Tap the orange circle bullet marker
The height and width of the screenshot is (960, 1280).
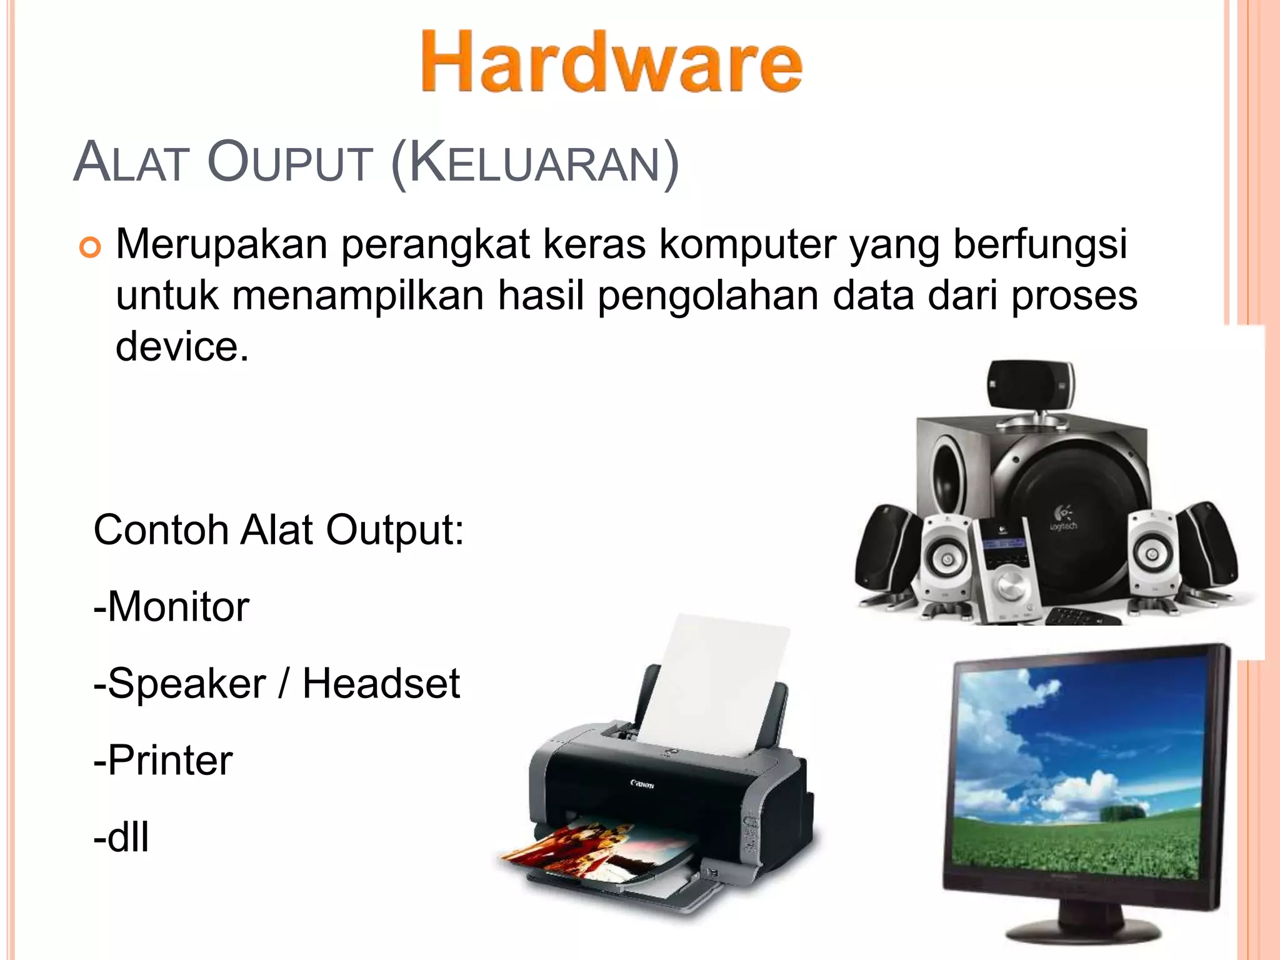90,248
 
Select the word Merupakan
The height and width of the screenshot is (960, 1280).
221,245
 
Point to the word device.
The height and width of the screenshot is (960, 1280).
181,347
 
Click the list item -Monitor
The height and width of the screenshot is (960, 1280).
171,607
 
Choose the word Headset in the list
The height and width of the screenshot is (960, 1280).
381,683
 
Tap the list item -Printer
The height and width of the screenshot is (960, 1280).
163,761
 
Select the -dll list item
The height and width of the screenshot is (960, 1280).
121,837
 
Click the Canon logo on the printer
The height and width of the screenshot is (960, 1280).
642,784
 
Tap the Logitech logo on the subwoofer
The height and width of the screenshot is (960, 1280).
1063,519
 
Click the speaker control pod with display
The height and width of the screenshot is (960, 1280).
1005,569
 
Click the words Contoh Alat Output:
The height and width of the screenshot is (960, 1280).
279,530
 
